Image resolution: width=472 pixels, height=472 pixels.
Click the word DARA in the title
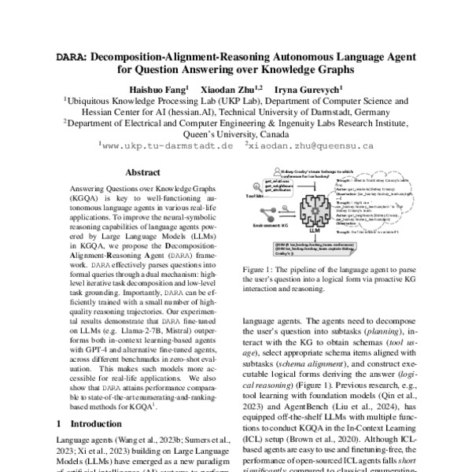(79, 57)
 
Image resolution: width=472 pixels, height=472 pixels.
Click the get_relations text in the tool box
(275, 180)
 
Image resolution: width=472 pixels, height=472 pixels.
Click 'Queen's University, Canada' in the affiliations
(236, 134)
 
